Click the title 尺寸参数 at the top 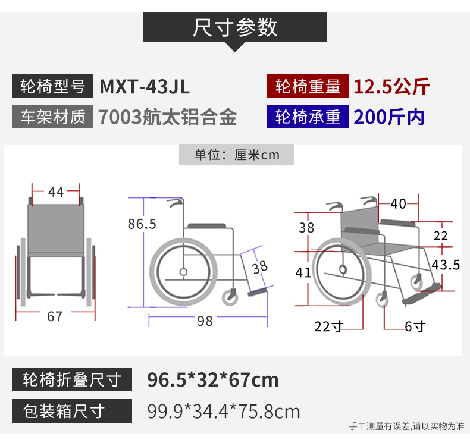click(x=234, y=27)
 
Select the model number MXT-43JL click(x=145, y=87)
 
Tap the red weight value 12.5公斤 click(x=391, y=87)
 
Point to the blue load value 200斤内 click(x=388, y=117)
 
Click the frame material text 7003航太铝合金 click(x=168, y=117)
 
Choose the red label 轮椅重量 click(x=308, y=86)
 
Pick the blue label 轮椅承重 click(x=308, y=117)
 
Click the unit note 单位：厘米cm click(x=237, y=155)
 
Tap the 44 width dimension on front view click(x=56, y=192)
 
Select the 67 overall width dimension click(x=55, y=316)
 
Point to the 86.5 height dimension click(x=142, y=224)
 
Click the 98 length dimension click(x=205, y=321)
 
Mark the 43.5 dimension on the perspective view click(x=446, y=265)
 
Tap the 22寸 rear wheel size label click(x=329, y=326)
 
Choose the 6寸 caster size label click(x=415, y=326)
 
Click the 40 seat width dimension click(x=399, y=204)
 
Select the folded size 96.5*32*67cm click(x=213, y=380)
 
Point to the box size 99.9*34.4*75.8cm click(x=224, y=412)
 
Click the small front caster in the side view click(x=230, y=297)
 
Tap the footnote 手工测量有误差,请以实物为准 click(x=407, y=426)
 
